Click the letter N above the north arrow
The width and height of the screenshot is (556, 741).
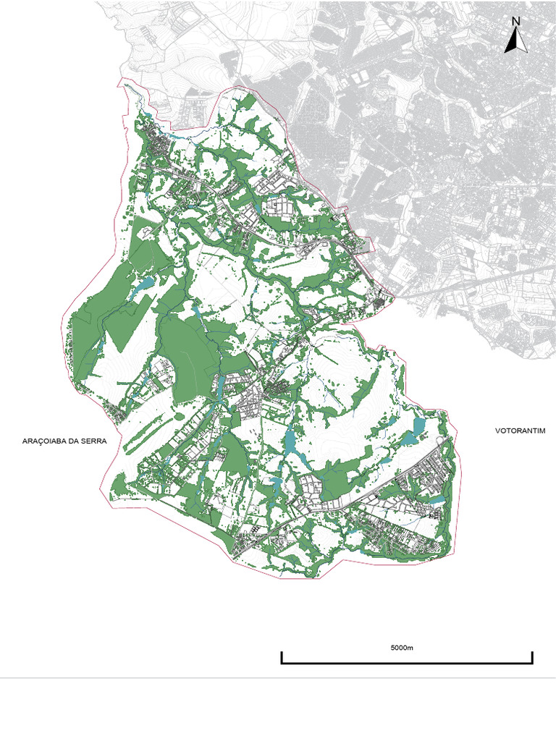coord(516,21)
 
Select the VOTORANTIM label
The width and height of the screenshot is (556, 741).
coord(519,431)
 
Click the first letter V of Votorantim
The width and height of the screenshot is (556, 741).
coord(498,431)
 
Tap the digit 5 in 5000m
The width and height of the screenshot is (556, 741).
coord(392,648)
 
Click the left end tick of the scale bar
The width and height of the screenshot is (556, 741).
coord(282,657)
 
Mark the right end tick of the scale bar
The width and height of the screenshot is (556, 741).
coord(532,657)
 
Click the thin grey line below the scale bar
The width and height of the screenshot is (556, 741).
coord(278,678)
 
